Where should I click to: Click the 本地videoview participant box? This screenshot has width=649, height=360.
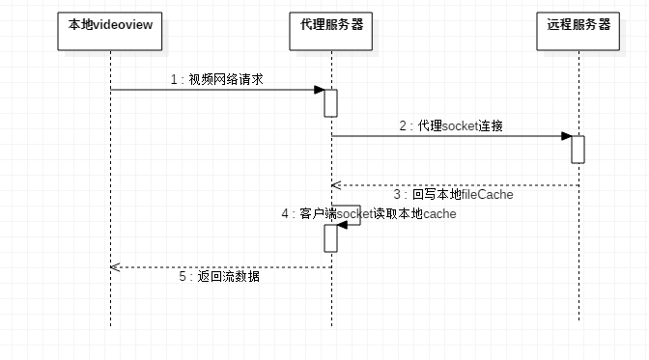point(110,32)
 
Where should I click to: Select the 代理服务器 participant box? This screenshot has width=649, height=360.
point(330,32)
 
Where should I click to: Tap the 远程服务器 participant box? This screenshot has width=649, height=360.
point(578,32)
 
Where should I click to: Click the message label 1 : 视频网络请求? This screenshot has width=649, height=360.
point(217,79)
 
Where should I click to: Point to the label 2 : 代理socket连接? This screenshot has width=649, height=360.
point(451,125)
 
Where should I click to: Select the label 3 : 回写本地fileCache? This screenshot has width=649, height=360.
point(454,195)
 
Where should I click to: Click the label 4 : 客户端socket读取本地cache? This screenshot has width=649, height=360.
point(369,213)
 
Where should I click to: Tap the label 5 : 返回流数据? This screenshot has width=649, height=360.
point(219,276)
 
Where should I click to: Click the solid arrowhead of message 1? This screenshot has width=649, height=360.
point(319,90)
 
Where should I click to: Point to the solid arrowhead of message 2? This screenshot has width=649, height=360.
point(566,136)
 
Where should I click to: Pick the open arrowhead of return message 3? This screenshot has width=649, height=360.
point(336,185)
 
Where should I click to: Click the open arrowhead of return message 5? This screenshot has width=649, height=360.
point(115,267)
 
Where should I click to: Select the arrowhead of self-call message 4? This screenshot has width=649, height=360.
point(342,225)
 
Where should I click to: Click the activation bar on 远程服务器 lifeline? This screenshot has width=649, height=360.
point(578,150)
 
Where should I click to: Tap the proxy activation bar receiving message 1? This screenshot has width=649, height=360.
point(330,103)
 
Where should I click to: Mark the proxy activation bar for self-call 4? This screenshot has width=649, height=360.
point(330,238)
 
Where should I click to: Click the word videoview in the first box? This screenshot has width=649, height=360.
point(123,25)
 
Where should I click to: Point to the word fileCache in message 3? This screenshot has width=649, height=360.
point(487,195)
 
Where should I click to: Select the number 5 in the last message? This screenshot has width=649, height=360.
point(183,276)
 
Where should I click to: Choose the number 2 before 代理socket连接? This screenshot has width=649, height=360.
point(403,125)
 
